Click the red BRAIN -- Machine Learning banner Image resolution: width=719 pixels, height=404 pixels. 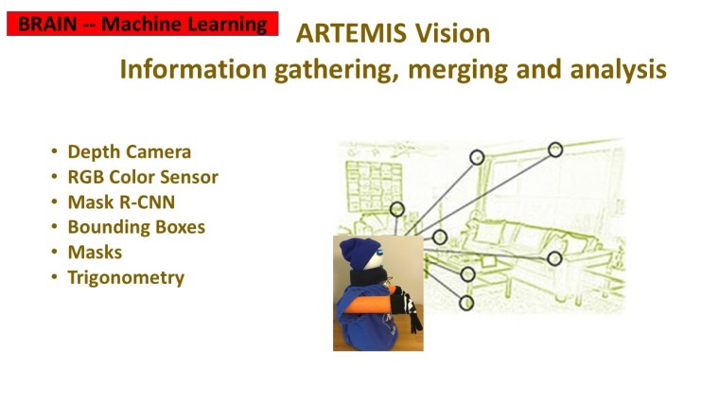pyautogui.click(x=142, y=24)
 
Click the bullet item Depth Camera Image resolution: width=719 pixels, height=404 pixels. pyautogui.click(x=129, y=151)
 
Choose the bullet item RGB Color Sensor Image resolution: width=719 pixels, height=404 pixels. pyautogui.click(x=142, y=177)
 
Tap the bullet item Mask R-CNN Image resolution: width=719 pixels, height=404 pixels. pyautogui.click(x=120, y=202)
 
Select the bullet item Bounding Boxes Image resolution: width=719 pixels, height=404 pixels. pyautogui.click(x=135, y=227)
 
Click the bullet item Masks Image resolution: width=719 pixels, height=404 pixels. pyautogui.click(x=95, y=253)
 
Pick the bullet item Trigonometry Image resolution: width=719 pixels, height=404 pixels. pyautogui.click(x=125, y=278)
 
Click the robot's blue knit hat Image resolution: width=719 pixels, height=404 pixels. pyautogui.click(x=359, y=254)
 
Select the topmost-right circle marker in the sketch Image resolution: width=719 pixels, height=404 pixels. pyautogui.click(x=555, y=149)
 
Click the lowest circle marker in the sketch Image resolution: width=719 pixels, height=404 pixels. pyautogui.click(x=465, y=303)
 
